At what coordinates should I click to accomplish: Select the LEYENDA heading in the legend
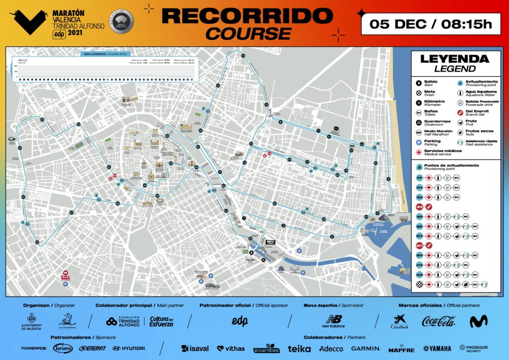[x=454, y=59]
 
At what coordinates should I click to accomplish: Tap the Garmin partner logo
[x=365, y=349]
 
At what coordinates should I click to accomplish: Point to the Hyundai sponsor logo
[x=128, y=349]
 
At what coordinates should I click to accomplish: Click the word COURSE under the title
[x=249, y=33]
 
